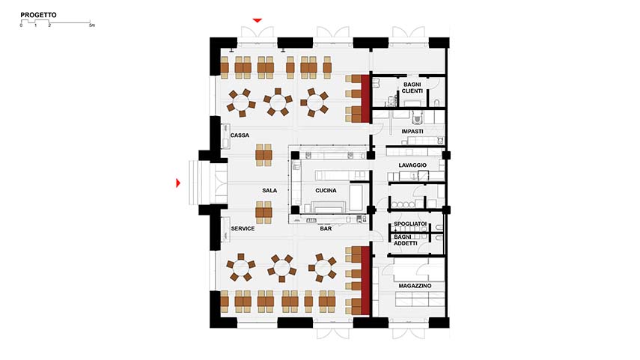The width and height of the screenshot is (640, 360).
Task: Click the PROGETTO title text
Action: pyautogui.click(x=38, y=15)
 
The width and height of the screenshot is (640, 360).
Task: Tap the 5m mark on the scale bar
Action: pyautogui.click(x=92, y=25)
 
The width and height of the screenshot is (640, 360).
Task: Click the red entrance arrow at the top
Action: pyautogui.click(x=257, y=20)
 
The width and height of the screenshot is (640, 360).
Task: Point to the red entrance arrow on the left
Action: pyautogui.click(x=178, y=183)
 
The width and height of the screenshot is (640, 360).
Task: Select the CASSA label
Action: pyautogui.click(x=240, y=135)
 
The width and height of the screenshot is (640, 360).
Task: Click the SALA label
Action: pyautogui.click(x=269, y=190)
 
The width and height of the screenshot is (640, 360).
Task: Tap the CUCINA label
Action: pyautogui.click(x=326, y=190)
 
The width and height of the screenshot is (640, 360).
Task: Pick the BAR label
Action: pyautogui.click(x=326, y=228)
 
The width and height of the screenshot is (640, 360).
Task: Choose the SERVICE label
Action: pyautogui.click(x=243, y=228)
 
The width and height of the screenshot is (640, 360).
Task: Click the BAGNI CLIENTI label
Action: pyautogui.click(x=412, y=88)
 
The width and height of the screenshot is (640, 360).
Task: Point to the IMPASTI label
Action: pyautogui.click(x=412, y=132)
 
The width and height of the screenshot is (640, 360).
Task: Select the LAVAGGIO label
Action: pyautogui.click(x=412, y=165)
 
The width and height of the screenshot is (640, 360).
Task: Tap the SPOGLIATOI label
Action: pyautogui.click(x=410, y=224)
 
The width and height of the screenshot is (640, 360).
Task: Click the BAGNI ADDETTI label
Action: pyautogui.click(x=406, y=240)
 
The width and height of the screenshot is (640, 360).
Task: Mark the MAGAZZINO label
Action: pyautogui.click(x=415, y=286)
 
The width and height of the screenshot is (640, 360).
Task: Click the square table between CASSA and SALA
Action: pyautogui.click(x=263, y=155)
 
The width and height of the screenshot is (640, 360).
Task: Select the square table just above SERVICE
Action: pyautogui.click(x=263, y=213)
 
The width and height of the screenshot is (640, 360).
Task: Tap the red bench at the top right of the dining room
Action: pyautogui.click(x=365, y=98)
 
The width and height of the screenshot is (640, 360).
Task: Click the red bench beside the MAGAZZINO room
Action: pyautogui.click(x=365, y=281)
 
